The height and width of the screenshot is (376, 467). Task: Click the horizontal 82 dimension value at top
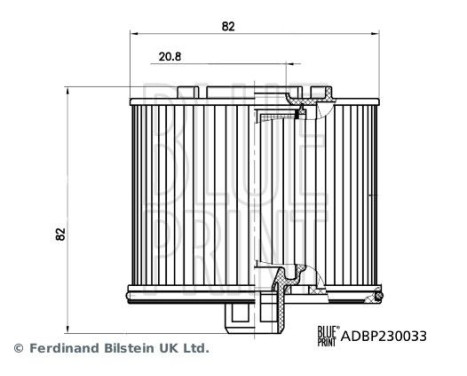(x=229, y=26)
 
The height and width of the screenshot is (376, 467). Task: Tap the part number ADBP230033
(x=385, y=337)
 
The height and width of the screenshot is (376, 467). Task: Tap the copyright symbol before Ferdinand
(x=16, y=349)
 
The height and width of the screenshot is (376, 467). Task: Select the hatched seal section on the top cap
(x=297, y=97)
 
